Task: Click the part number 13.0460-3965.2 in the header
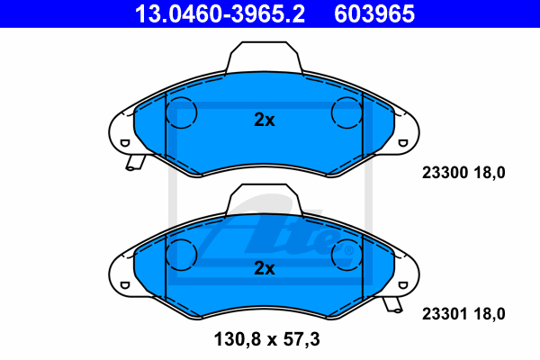(x=220, y=13)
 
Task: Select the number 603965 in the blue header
(x=374, y=13)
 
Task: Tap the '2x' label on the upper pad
(x=265, y=120)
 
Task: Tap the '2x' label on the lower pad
(x=265, y=268)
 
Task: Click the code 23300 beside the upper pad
(x=445, y=173)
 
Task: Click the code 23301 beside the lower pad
(x=445, y=314)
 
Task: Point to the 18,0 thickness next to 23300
(x=490, y=173)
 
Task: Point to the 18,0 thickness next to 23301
(x=490, y=314)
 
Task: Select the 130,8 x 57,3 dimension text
(x=267, y=339)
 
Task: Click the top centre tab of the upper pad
(x=264, y=57)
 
